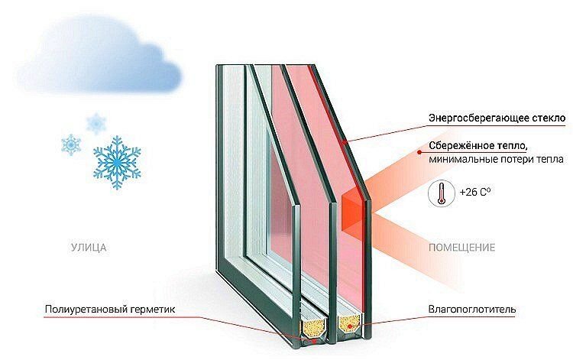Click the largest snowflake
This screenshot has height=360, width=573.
[x=117, y=162]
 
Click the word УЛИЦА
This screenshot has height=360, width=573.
[x=89, y=248]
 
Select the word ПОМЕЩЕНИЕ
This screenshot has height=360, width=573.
[x=462, y=248]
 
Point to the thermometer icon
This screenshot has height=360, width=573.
[x=442, y=193]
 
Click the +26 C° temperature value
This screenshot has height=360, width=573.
[x=475, y=192]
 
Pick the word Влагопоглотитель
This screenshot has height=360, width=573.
[x=472, y=310]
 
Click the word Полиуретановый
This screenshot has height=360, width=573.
[x=86, y=310]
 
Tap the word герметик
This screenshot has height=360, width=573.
[x=152, y=310]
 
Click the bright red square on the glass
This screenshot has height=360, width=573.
[x=354, y=212]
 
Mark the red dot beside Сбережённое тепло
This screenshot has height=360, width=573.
[x=419, y=151]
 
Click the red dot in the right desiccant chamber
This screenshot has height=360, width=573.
[x=350, y=326]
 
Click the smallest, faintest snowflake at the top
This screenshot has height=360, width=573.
[x=96, y=124]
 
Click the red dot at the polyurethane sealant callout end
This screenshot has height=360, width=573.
[x=313, y=341]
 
